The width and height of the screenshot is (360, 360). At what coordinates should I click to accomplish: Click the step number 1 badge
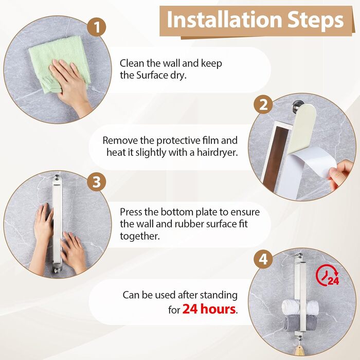tap(97, 27)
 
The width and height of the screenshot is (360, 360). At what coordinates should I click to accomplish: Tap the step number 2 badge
tap(263, 104)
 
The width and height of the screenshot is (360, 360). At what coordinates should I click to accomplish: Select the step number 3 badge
tap(97, 182)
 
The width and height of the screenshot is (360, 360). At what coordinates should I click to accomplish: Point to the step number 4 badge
tap(263, 259)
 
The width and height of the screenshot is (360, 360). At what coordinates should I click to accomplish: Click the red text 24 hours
tap(209, 309)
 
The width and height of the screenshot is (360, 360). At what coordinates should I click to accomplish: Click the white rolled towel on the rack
tap(300, 307)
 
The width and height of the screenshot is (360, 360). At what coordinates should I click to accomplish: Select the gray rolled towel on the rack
tap(300, 323)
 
